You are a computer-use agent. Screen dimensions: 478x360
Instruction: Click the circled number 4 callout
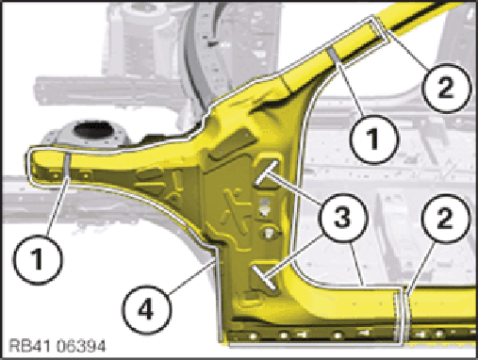coord(147,308)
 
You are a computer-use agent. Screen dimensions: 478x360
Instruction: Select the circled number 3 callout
coord(342,218)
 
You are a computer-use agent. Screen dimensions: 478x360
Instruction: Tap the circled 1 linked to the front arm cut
coord(38,259)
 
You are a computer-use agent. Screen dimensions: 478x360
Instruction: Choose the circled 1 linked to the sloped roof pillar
coord(374,139)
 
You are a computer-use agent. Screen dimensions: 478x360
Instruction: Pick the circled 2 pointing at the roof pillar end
coord(446,88)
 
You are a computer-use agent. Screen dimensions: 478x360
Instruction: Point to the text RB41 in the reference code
coord(29,346)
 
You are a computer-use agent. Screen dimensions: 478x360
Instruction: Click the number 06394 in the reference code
coord(80,346)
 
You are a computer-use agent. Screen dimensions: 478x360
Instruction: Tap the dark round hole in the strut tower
coord(91,130)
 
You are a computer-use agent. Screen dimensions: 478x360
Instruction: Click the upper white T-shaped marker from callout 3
coord(267,172)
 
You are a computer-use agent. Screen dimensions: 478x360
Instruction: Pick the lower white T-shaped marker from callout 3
coord(264,276)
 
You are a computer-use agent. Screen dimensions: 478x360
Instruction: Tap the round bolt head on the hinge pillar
coord(268,233)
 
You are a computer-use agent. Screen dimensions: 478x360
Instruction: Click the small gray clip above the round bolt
coord(265,206)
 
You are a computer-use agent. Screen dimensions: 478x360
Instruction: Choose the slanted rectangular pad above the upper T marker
coord(233,145)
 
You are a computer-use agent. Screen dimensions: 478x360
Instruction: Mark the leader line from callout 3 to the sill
coord(357,265)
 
